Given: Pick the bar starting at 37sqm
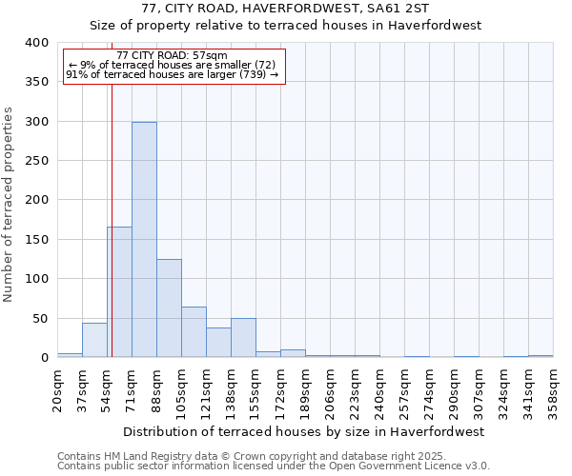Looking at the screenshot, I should coord(94,340).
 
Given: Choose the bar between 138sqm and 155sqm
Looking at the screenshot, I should coord(243,338).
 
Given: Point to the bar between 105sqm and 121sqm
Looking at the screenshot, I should coord(194,332).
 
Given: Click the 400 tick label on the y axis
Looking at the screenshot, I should coord(36,43).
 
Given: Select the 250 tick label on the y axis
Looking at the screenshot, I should coord(36,161).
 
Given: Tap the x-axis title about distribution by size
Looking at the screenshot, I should coord(304,431).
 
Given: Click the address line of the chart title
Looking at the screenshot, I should coord(286,9).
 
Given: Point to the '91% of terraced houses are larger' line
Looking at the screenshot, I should coord(173,74).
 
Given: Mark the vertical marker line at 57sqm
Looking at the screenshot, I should coord(112,238).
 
